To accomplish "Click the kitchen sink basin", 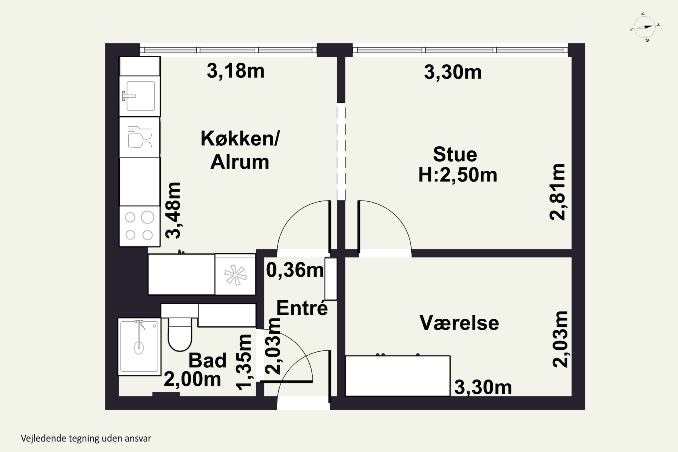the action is [140, 96].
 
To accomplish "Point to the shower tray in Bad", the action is [139, 346].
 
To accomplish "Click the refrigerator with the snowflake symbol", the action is [235, 274].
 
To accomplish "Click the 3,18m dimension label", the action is [235, 71].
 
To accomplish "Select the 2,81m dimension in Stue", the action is [558, 192].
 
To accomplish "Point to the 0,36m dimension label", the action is [295, 270].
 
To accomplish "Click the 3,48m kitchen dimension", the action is [173, 210].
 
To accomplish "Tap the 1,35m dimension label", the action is [244, 362].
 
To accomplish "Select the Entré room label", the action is [302, 308].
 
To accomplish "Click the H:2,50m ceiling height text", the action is [458, 175].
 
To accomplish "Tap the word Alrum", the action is [240, 162].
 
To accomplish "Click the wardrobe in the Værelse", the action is [398, 376].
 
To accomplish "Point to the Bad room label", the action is [207, 360].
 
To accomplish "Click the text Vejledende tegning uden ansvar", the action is [86, 439].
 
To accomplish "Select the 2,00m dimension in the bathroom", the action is [192, 379].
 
